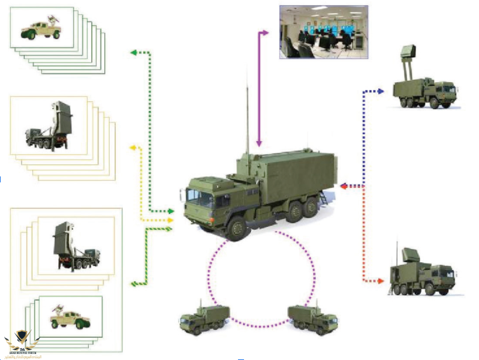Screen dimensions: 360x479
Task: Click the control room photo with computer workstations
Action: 323,32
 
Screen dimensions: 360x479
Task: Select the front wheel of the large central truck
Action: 237,227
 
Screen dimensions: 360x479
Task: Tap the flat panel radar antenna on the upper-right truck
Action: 408,54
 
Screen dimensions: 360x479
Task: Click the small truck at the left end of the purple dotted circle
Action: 204,319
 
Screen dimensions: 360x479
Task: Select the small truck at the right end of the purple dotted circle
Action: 312,318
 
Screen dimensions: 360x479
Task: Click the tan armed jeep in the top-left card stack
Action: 42,28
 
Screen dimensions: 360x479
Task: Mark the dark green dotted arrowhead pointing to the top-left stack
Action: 133,53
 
